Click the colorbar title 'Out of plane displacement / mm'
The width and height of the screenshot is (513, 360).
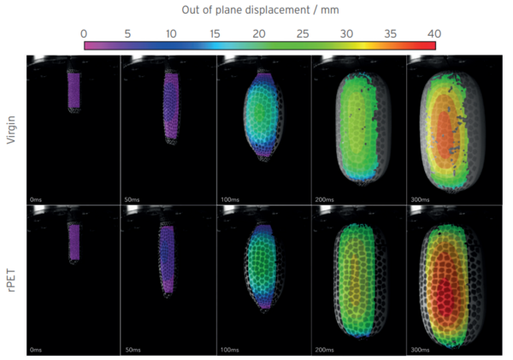click(260, 9)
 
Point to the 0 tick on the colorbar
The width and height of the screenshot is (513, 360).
click(84, 32)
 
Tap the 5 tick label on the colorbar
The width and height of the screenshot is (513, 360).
click(127, 32)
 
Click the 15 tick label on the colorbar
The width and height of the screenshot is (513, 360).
click(215, 32)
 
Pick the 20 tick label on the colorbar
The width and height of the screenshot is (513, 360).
click(259, 32)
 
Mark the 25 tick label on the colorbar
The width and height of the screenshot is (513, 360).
click(304, 32)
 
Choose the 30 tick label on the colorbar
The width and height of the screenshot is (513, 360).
click(347, 32)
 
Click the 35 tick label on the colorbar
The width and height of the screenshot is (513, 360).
click(391, 32)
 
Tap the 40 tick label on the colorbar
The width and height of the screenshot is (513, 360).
click(434, 32)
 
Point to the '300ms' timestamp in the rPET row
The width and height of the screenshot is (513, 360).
click(419, 351)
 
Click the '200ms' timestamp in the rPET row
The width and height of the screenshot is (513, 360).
click(323, 351)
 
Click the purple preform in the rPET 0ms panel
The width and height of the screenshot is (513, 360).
click(74, 242)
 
